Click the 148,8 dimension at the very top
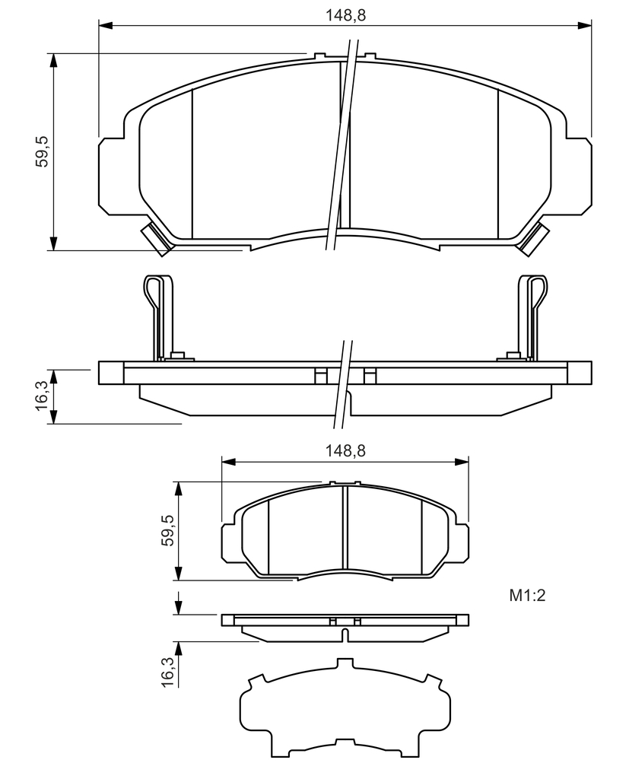[346, 15]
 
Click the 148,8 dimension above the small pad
[346, 450]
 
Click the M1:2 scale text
[527, 595]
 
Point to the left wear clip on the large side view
[159, 316]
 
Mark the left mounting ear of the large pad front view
[112, 176]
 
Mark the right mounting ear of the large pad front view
[578, 176]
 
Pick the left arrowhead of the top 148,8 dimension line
[105, 24]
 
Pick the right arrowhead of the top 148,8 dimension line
[586, 24]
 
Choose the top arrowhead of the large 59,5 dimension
[53, 59]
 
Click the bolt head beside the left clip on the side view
[177, 356]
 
